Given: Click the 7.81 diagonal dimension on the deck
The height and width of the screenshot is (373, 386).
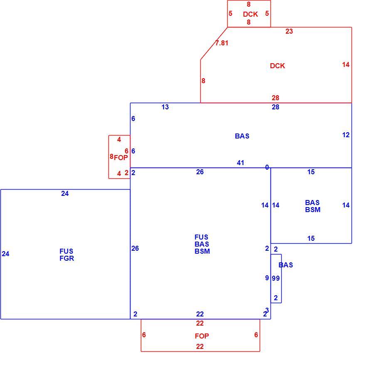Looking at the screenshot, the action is click(222, 43).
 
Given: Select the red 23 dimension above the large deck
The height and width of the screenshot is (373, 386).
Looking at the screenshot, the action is click(289, 31).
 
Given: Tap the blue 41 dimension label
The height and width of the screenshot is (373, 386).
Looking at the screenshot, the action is click(241, 163).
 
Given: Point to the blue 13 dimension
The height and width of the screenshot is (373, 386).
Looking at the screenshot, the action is click(165, 107).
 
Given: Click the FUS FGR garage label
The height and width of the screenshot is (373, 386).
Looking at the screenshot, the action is click(67, 255).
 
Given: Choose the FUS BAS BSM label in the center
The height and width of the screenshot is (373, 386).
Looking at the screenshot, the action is click(202, 244).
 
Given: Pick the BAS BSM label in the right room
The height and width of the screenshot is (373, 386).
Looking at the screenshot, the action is click(312, 206).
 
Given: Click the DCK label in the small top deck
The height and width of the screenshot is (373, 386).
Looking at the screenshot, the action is click(251, 14).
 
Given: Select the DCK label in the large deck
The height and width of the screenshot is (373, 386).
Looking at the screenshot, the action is click(278, 66).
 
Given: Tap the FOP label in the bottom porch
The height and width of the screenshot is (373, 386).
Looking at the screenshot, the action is click(202, 336).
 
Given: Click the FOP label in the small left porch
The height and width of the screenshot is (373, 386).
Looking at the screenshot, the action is click(121, 158).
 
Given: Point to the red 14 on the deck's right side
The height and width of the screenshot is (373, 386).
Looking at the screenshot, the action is click(346, 64).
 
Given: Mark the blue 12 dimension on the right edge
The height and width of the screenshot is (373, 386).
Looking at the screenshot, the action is click(346, 135).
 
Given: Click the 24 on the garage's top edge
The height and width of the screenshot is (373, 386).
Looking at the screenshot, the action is click(65, 194).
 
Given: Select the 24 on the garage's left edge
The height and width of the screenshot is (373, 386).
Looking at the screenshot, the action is click(5, 254).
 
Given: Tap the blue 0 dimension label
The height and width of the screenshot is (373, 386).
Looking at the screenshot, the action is click(267, 167).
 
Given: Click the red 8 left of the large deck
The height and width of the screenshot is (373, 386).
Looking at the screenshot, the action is click(203, 81).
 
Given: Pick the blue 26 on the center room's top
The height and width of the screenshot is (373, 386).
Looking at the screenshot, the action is click(200, 172).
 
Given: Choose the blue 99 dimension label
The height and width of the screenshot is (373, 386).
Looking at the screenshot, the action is click(276, 278).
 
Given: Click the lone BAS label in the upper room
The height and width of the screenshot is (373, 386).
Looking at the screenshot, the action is click(242, 136).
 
